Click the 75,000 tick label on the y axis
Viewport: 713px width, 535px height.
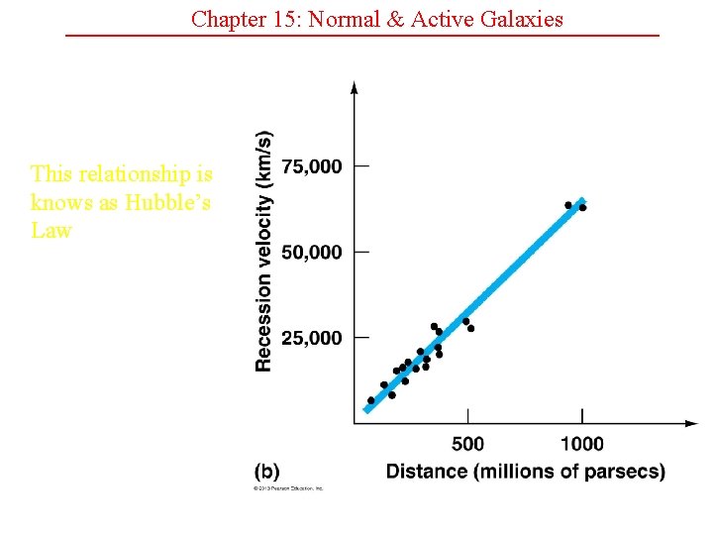tap(311, 166)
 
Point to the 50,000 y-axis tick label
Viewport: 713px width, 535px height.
tap(311, 253)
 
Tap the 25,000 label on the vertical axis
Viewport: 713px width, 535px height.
tap(311, 338)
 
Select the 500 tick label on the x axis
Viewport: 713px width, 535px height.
tap(468, 444)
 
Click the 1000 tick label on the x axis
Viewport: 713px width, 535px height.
tap(581, 444)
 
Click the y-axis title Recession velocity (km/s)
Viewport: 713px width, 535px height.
tap(263, 252)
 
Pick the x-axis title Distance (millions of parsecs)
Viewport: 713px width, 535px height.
tap(525, 471)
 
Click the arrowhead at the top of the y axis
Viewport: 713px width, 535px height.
tap(355, 88)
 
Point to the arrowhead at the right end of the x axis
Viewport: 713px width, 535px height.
tap(691, 423)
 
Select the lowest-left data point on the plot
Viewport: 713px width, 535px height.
tap(371, 401)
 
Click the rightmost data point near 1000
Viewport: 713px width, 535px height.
tap(582, 208)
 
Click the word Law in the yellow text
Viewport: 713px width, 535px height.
tap(51, 230)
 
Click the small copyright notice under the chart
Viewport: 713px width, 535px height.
tap(288, 488)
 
